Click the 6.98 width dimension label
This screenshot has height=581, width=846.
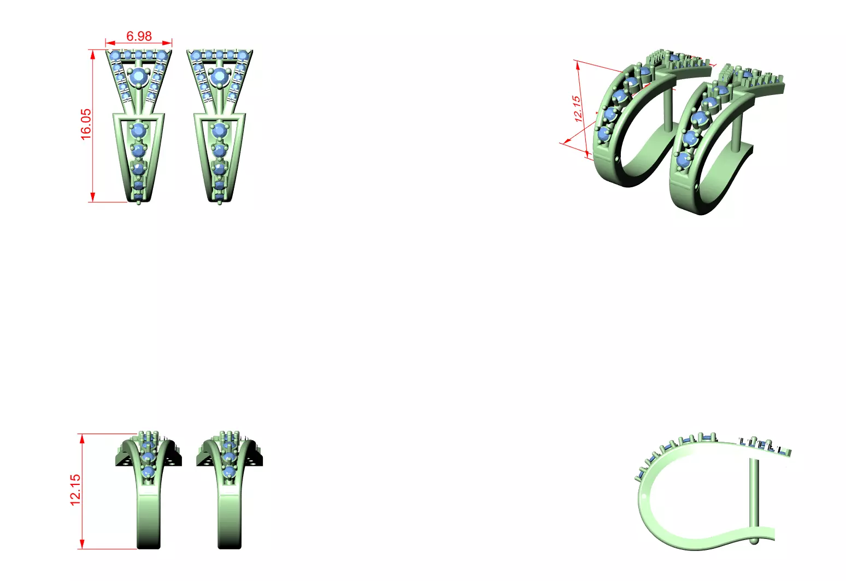[x=139, y=36]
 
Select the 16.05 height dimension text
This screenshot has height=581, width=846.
[x=86, y=124]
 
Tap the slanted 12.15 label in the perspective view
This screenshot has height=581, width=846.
[x=578, y=108]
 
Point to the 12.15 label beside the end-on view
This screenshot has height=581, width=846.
[x=75, y=489]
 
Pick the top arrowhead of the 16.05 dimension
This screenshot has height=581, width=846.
[x=93, y=54]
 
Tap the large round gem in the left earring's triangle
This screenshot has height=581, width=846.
[x=140, y=76]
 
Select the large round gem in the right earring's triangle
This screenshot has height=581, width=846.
[x=220, y=76]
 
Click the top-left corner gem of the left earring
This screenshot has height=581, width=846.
[x=115, y=55]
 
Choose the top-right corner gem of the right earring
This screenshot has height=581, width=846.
[x=243, y=55]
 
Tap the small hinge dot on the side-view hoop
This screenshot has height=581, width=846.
[x=644, y=497]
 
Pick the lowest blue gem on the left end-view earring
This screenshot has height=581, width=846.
[x=148, y=471]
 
